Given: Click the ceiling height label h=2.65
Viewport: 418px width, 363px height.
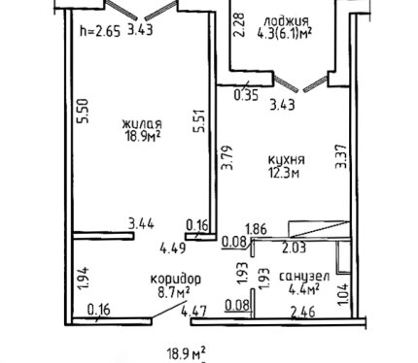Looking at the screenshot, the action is pos(100,31).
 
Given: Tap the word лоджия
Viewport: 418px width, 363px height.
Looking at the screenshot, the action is pos(286,21).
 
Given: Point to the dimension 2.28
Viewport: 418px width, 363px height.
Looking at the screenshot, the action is pos(239,25).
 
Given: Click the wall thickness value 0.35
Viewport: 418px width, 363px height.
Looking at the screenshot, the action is pos(246,95).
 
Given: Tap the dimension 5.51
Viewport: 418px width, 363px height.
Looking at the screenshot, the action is pos(198,120).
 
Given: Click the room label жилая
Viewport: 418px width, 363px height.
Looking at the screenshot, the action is pos(142,124).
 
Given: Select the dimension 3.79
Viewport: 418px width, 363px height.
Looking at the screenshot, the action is pos(226,157).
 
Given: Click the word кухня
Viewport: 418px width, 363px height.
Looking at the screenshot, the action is pos(287,160).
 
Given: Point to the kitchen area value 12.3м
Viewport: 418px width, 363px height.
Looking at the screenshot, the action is pos(284,173).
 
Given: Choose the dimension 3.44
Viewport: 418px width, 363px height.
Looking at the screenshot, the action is pos(141,224).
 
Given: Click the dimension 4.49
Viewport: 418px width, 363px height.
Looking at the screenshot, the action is pos(173,248).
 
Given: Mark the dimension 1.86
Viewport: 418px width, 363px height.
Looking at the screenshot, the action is pos(257,229).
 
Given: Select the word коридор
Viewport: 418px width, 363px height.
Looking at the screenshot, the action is pos(176,279).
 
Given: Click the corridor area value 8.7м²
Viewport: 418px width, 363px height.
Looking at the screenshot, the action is pos(173,292).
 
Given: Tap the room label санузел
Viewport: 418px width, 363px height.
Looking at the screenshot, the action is pos(304,277).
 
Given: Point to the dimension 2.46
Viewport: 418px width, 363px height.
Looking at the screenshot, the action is pos(303,313).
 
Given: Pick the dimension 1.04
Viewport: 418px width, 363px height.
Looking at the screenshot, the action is pos(345,294).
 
